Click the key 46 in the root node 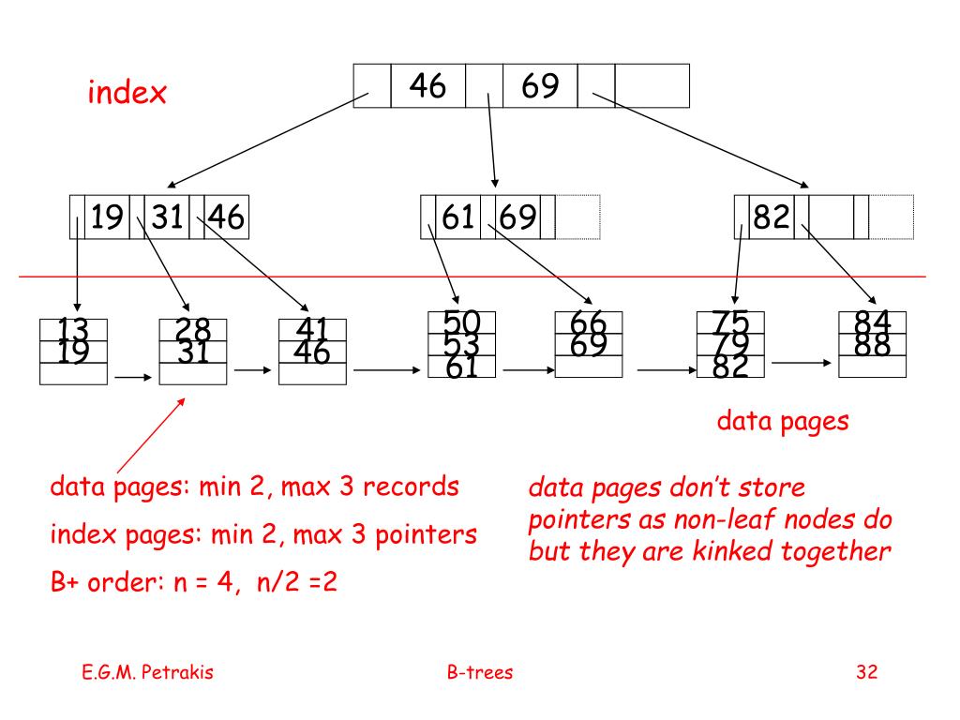[x=427, y=86]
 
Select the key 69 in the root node [x=541, y=86]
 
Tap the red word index [x=127, y=93]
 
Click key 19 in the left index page [x=107, y=218]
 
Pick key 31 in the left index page [x=167, y=218]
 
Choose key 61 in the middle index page [x=457, y=218]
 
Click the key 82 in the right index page [x=772, y=218]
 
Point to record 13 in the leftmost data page [x=72, y=327]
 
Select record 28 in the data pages [x=192, y=327]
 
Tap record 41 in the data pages [x=312, y=327]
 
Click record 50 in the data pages [x=461, y=322]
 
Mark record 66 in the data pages [x=589, y=322]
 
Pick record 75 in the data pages [x=731, y=322]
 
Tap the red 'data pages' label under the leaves [x=783, y=421]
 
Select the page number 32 [x=865, y=672]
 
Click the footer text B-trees [x=480, y=672]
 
